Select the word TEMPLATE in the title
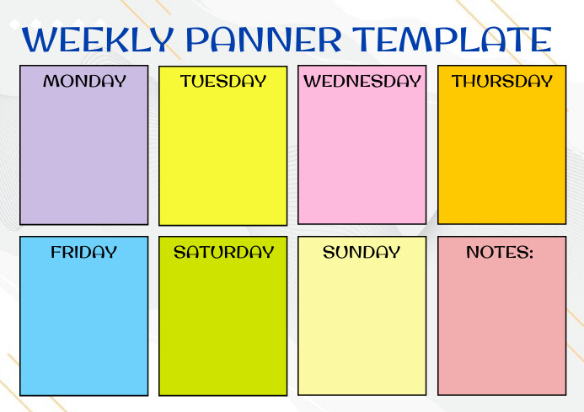[x=453, y=40]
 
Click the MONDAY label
[x=84, y=82]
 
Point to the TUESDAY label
[x=223, y=82]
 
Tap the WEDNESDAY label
[x=362, y=82]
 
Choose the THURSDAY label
[x=502, y=82]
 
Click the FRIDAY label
[x=84, y=252]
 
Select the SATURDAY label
[x=223, y=252]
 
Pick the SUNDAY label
[x=362, y=252]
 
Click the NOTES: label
[x=500, y=252]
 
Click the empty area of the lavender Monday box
[x=84, y=156]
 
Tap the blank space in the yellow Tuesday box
[x=223, y=156]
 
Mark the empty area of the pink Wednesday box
[x=362, y=156]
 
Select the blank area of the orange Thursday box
[x=502, y=156]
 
